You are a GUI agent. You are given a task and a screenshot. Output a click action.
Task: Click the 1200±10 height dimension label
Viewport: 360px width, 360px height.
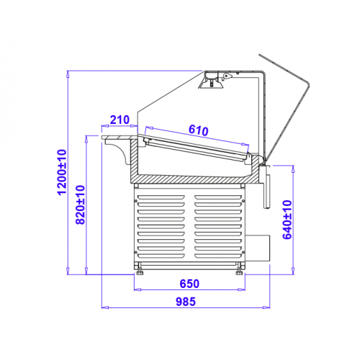coord(62,172)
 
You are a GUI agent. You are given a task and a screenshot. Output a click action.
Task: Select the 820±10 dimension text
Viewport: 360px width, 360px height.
coord(81,204)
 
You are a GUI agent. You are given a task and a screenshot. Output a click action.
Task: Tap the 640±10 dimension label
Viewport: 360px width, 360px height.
coord(287,220)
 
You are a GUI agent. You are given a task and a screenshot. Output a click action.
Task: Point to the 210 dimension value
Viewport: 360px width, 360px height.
coord(120,120)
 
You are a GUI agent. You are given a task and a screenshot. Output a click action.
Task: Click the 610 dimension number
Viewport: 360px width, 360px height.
coord(199,130)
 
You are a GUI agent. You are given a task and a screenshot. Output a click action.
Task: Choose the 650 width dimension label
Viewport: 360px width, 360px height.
coord(189,284)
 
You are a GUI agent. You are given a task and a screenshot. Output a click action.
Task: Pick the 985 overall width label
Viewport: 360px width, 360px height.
coord(186,302)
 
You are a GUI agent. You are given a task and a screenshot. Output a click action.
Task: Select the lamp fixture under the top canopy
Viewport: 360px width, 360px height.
coord(211,81)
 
